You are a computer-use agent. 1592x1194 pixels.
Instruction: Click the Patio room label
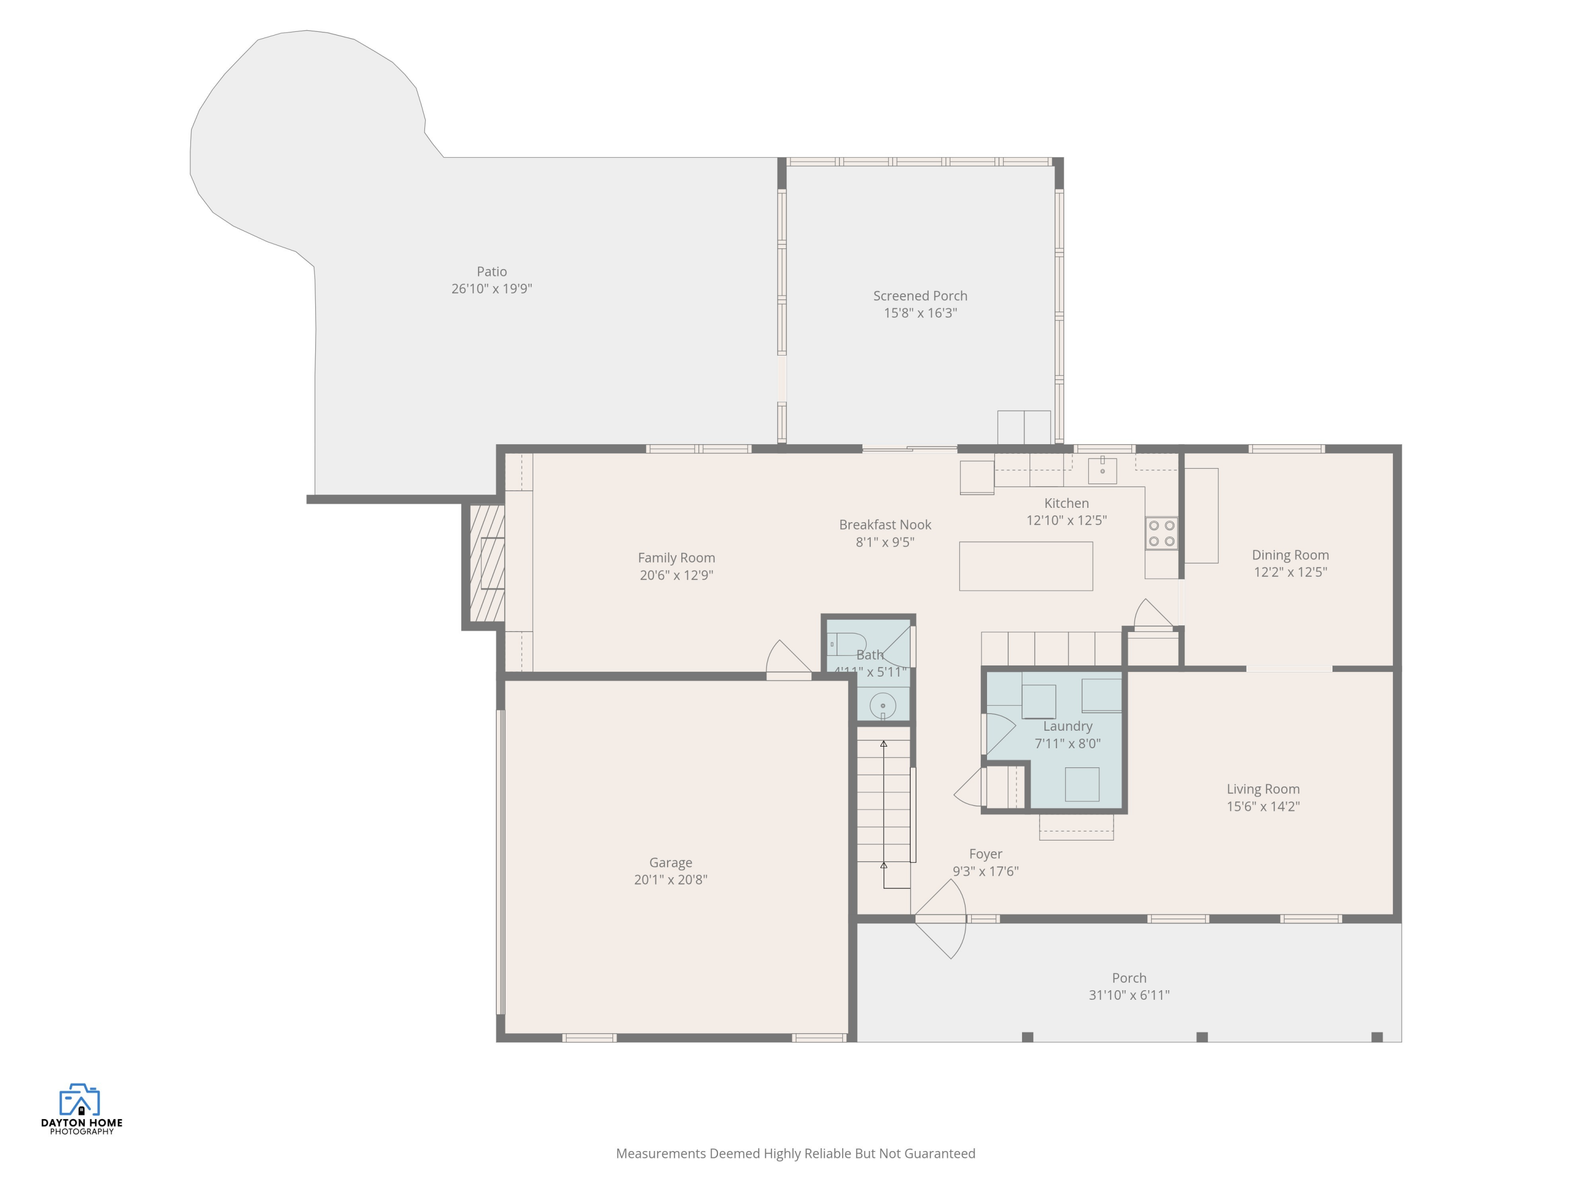coord(491,271)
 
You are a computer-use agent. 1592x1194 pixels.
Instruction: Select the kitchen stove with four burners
coord(1161,533)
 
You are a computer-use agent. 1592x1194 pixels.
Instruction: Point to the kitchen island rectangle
coord(1026,566)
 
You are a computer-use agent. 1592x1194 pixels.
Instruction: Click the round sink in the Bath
coord(882,706)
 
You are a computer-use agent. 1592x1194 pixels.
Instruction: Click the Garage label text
coord(670,862)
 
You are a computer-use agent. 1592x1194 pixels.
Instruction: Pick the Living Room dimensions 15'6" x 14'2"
coord(1262,807)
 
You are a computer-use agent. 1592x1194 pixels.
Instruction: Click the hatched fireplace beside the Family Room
coord(487,564)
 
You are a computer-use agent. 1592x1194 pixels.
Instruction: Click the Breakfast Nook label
coord(885,525)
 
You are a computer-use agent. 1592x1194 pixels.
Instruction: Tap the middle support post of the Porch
coord(1201,1037)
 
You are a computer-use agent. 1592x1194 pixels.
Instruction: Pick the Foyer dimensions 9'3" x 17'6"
coord(985,871)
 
